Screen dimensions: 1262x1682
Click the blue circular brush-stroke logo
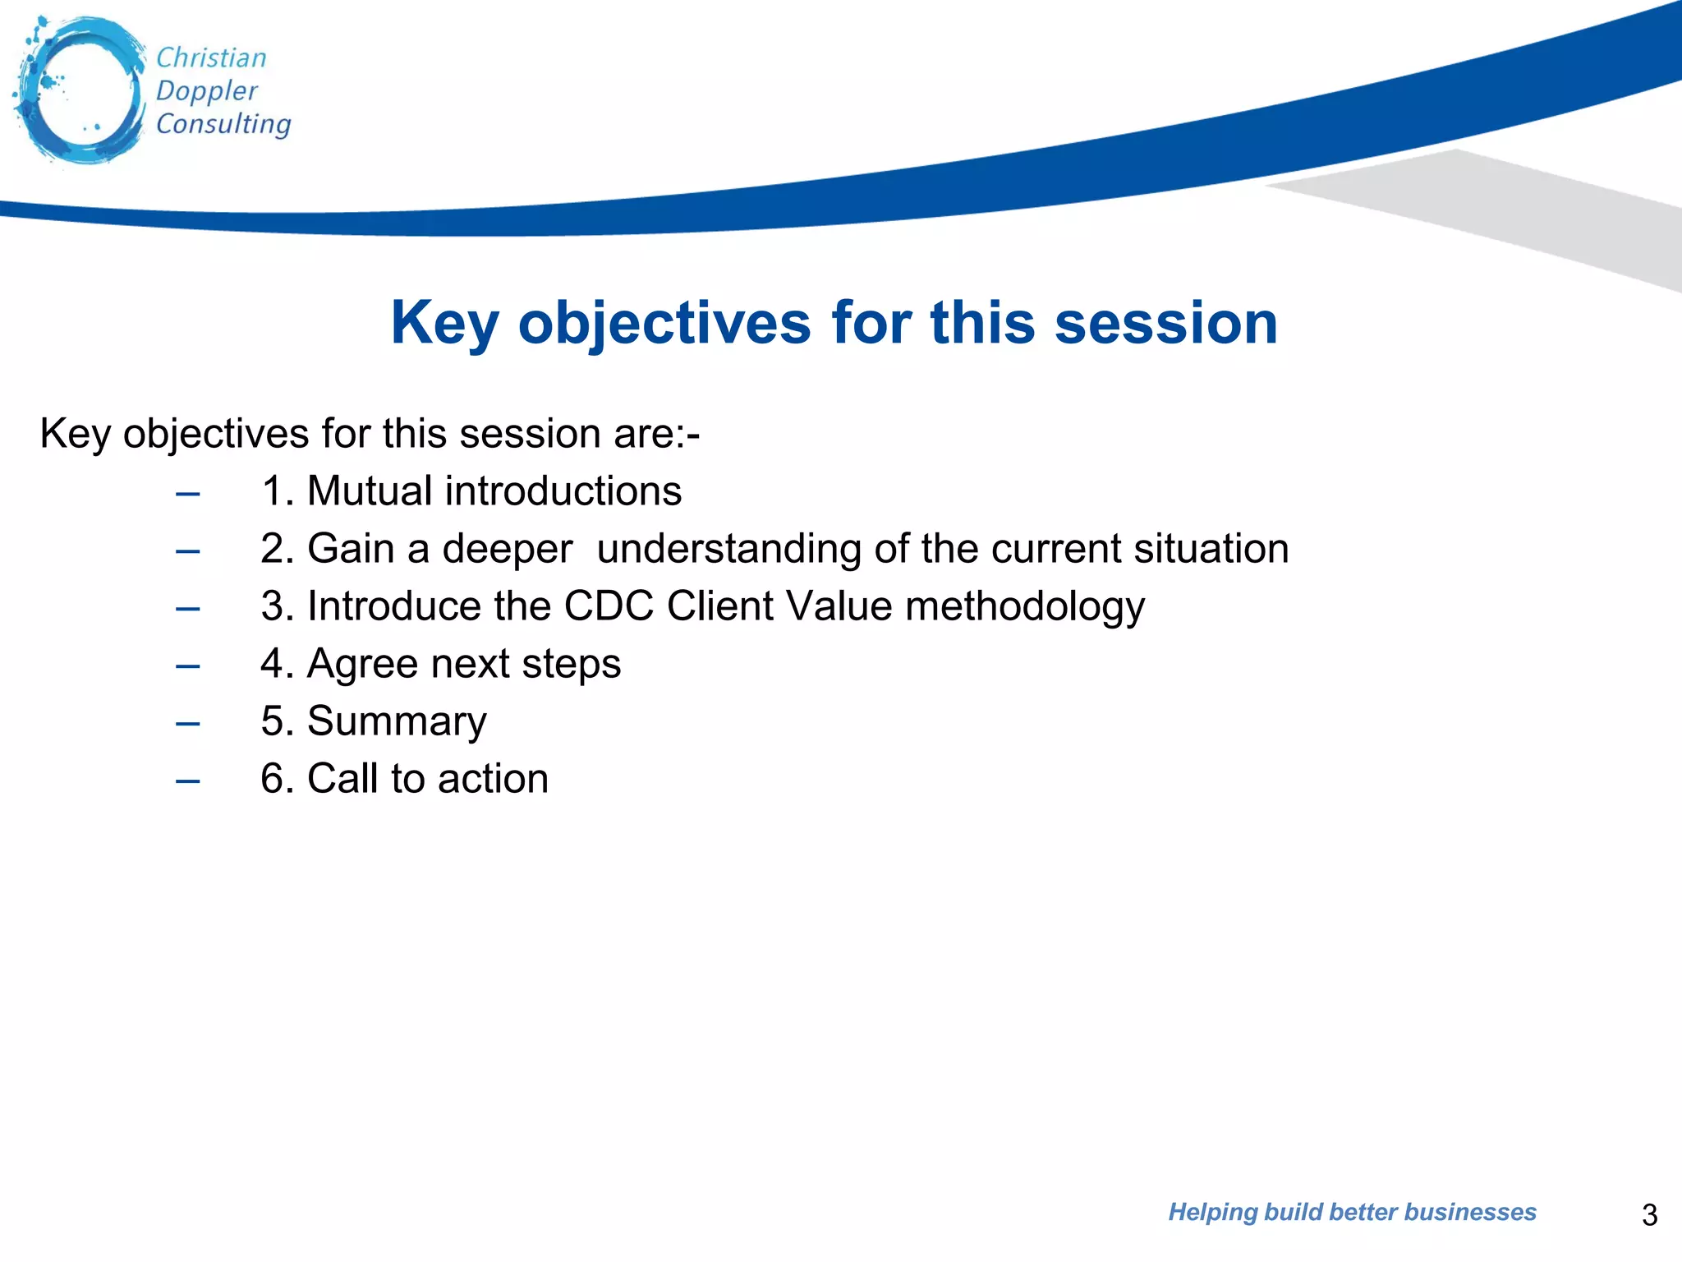80,90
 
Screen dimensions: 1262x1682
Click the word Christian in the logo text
211,58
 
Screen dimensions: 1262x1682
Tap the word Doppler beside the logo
206,91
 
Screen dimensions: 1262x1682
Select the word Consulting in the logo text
223,124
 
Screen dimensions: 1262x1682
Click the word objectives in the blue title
664,323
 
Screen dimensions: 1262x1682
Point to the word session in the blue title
1165,323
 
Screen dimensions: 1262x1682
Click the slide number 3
1649,1214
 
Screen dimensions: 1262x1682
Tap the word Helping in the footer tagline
1211,1212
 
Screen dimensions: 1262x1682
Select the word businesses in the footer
1470,1212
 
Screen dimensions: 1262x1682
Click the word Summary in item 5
397,721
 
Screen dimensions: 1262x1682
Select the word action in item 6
493,779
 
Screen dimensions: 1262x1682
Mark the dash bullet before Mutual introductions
188,494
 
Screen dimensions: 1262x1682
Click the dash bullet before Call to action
188,781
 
